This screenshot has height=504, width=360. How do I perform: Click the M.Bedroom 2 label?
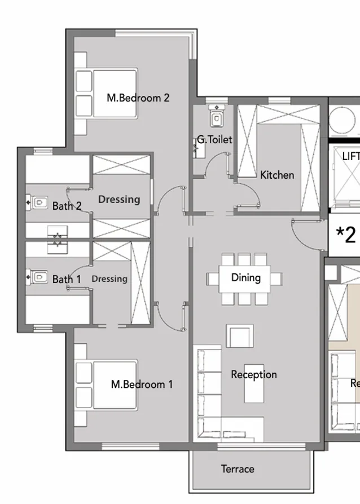tap(138, 98)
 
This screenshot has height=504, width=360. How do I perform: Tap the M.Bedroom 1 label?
tap(142, 384)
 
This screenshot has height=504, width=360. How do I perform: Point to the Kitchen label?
tap(277, 175)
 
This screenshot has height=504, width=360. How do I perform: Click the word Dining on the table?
tap(246, 277)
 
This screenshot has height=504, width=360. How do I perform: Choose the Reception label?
tap(254, 374)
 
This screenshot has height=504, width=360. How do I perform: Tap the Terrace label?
tap(238, 468)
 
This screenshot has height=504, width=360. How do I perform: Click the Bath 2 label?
tap(67, 206)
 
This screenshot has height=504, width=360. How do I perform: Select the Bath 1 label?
tap(67, 279)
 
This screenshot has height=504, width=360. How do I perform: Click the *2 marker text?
tap(346, 235)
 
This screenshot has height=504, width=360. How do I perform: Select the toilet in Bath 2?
tap(38, 201)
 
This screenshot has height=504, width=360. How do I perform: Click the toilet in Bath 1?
tap(38, 277)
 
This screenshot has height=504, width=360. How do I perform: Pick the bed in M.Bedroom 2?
tap(107, 94)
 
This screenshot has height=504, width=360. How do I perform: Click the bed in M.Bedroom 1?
tap(107, 386)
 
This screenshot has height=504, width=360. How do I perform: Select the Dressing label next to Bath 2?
tap(119, 199)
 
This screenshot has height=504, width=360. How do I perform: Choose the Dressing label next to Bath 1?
tap(109, 278)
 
